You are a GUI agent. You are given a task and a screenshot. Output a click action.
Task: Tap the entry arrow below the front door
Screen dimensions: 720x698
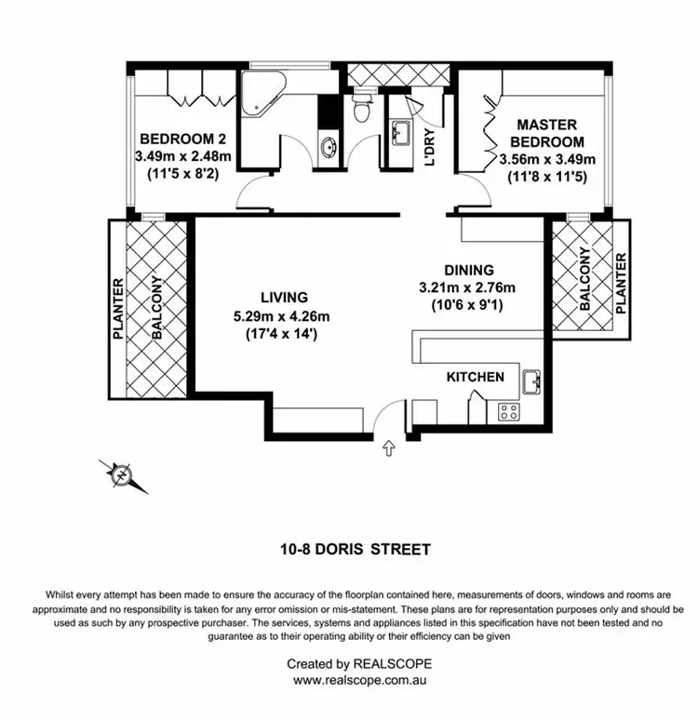tap(388, 450)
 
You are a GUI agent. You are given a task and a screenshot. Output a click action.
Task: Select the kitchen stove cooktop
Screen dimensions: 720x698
tap(509, 409)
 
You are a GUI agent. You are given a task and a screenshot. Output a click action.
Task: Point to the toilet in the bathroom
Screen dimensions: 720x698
tap(363, 113)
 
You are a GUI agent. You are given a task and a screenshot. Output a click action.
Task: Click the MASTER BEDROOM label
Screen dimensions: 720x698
tap(547, 133)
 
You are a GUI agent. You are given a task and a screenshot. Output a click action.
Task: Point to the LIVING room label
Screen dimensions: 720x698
tap(284, 298)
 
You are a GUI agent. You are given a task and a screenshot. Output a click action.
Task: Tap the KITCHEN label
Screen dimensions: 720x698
tap(476, 377)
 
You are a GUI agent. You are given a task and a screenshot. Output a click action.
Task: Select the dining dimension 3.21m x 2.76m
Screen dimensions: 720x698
tap(468, 287)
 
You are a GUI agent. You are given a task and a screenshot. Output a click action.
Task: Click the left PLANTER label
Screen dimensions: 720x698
tap(118, 309)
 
